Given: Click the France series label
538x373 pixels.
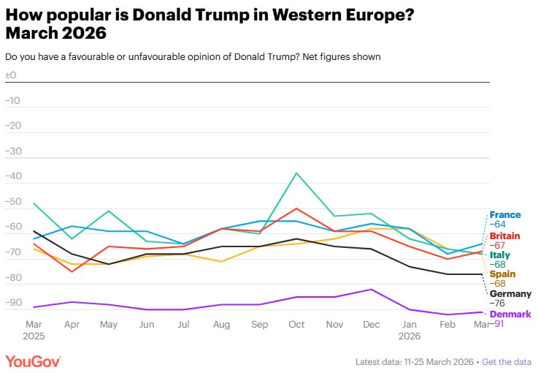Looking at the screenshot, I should (505, 215).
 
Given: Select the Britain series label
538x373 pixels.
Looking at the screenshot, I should (505, 236).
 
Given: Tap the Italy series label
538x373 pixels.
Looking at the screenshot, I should (500, 255).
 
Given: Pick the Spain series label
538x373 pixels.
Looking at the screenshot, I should (502, 274).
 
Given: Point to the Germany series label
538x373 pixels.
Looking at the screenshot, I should (510, 293).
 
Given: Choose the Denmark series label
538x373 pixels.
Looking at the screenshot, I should (510, 314).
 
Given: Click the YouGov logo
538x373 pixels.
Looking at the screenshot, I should (33, 361).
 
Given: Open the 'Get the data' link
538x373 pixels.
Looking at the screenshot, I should (507, 362).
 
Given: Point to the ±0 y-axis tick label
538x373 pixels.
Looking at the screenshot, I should (11, 75).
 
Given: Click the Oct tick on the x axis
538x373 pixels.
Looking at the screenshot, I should (296, 323).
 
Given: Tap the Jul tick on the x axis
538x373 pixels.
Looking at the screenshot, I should (184, 323).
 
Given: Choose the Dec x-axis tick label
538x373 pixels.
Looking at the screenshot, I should (372, 323).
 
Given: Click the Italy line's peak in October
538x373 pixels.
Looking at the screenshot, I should (296, 173).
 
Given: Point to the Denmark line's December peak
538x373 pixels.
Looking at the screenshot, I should (372, 289).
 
